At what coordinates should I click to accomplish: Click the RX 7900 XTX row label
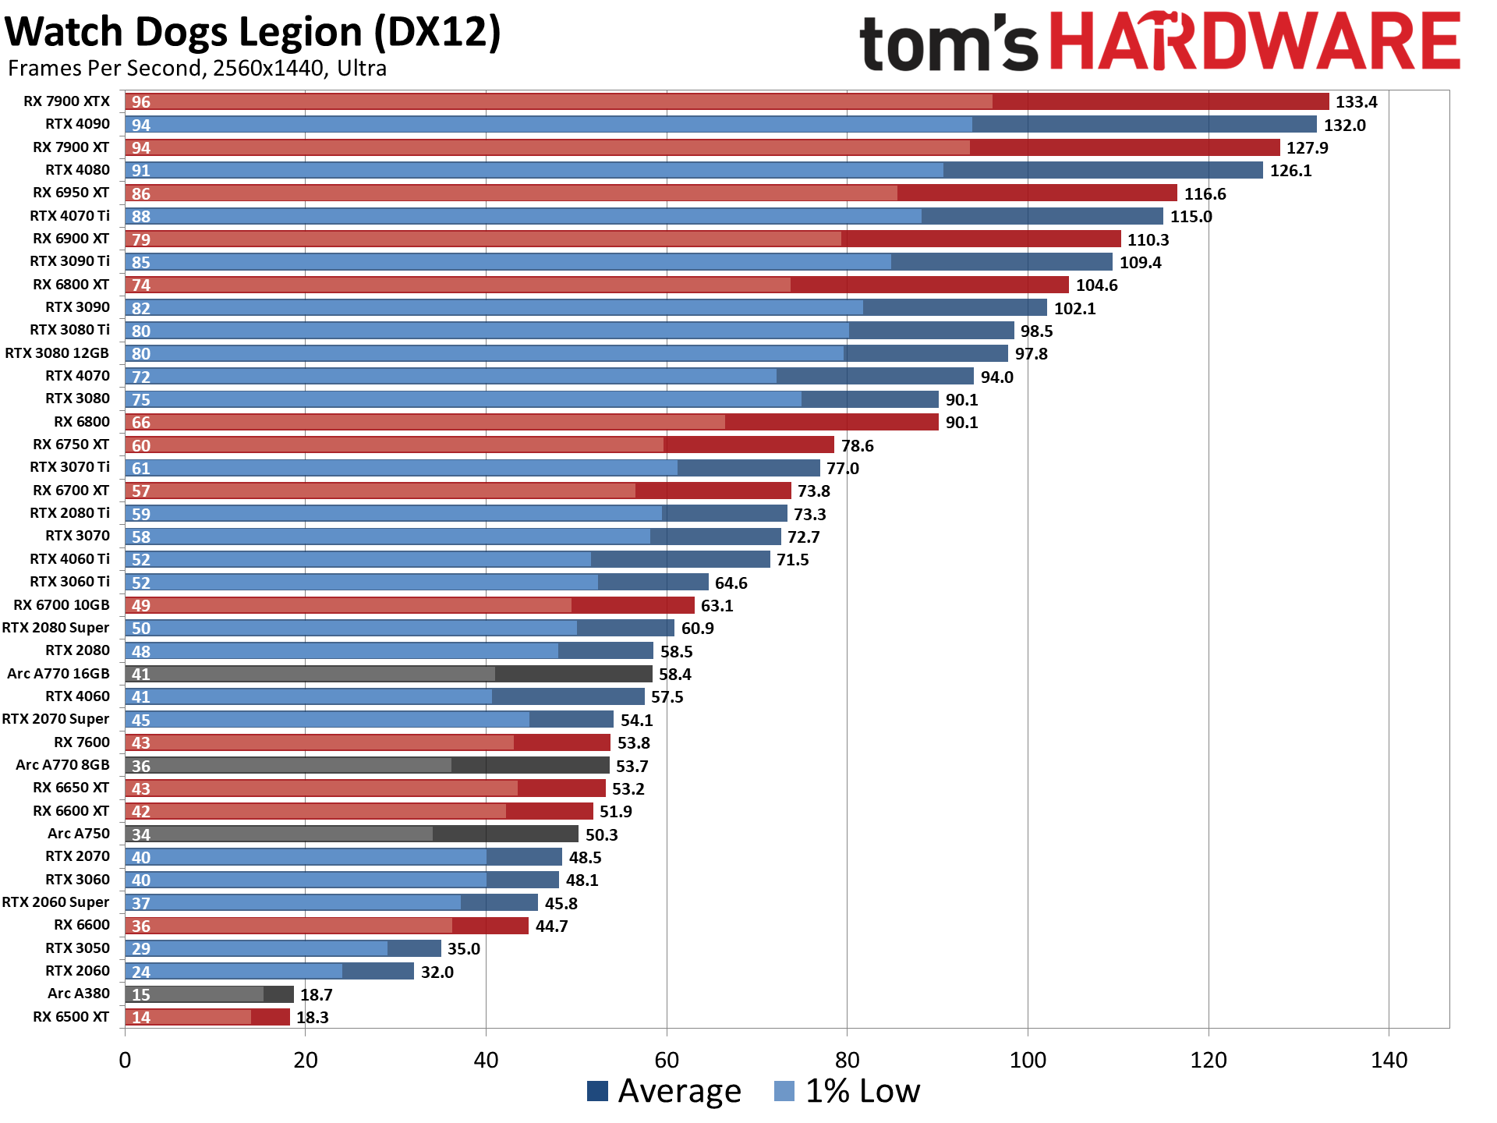click(x=66, y=101)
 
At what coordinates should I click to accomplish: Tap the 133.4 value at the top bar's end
click(x=1356, y=102)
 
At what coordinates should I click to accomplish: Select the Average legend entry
click(x=664, y=1090)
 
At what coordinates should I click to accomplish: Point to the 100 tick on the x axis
click(x=1028, y=1060)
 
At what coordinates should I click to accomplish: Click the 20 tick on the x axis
click(x=306, y=1060)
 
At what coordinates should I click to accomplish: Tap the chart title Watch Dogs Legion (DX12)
click(x=253, y=32)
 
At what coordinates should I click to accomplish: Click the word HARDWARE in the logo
click(x=1255, y=42)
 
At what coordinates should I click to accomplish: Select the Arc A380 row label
click(x=79, y=994)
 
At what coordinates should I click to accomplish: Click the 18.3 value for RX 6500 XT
click(x=313, y=1018)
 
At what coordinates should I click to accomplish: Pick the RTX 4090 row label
click(x=77, y=124)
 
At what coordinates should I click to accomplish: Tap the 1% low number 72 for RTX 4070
click(x=141, y=377)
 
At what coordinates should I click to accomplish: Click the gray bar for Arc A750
click(x=351, y=834)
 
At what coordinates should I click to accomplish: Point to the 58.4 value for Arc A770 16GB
click(x=675, y=675)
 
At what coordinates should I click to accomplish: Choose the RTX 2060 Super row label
click(x=55, y=902)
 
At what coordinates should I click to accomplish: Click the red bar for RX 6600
click(x=327, y=926)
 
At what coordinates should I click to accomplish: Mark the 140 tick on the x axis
click(x=1389, y=1060)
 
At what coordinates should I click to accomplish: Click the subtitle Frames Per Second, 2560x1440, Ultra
click(x=197, y=69)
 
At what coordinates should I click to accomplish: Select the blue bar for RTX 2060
click(x=269, y=971)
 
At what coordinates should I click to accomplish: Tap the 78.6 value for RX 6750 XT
click(x=857, y=446)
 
